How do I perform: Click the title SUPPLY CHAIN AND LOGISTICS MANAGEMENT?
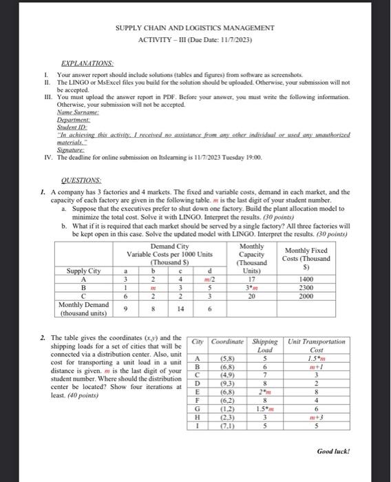coord(195,28)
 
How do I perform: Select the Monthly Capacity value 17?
coord(252,279)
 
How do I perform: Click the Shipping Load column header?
coord(264,346)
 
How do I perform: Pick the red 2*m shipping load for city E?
coord(264,393)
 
